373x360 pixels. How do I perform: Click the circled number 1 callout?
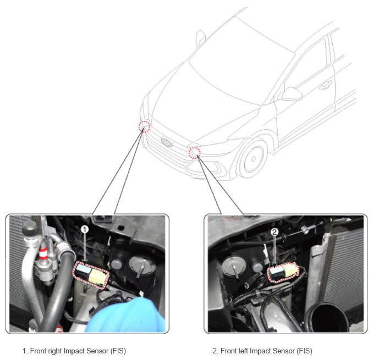pos(85,229)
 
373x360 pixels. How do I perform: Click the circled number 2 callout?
pos(275,232)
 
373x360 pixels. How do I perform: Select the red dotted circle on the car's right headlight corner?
pos(144,126)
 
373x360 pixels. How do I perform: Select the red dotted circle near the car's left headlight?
pos(195,153)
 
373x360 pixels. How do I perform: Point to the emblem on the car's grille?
pos(167,142)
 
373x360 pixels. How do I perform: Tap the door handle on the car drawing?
pos(326,85)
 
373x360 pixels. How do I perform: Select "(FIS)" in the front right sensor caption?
pos(118,351)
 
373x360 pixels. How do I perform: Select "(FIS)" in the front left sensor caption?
pos(304,351)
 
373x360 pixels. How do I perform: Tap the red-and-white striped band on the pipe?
pos(43,253)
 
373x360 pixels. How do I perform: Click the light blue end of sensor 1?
pos(83,268)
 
